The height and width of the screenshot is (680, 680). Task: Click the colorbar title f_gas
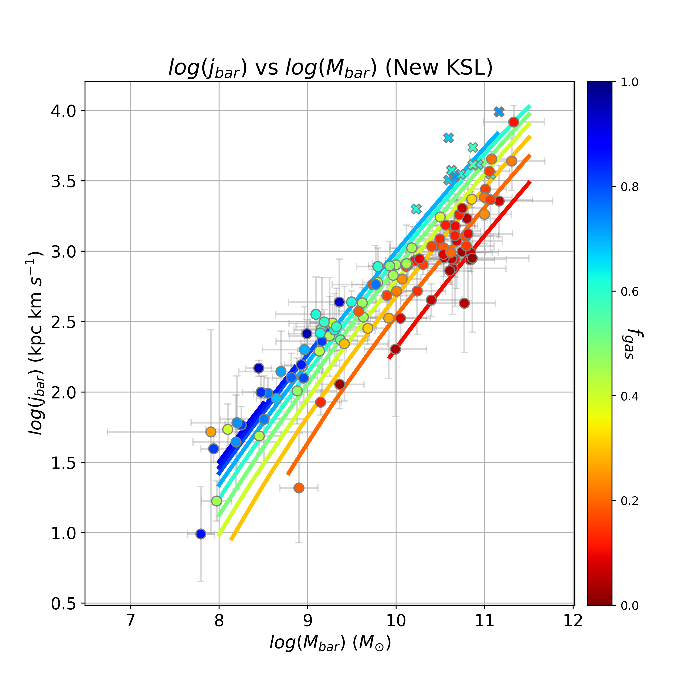tap(633, 343)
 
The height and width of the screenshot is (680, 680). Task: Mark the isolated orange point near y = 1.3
tap(299, 488)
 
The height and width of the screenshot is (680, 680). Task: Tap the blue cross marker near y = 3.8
tap(448, 138)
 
